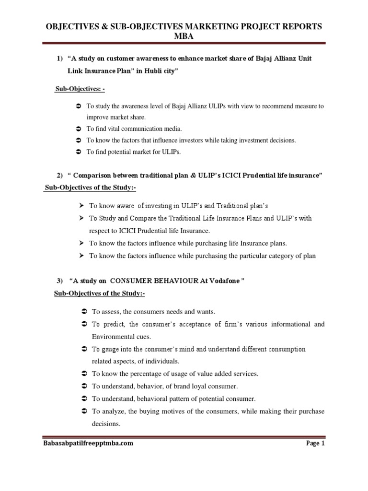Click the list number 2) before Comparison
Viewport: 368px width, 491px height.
59,176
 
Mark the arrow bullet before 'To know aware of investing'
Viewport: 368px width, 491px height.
81,205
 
